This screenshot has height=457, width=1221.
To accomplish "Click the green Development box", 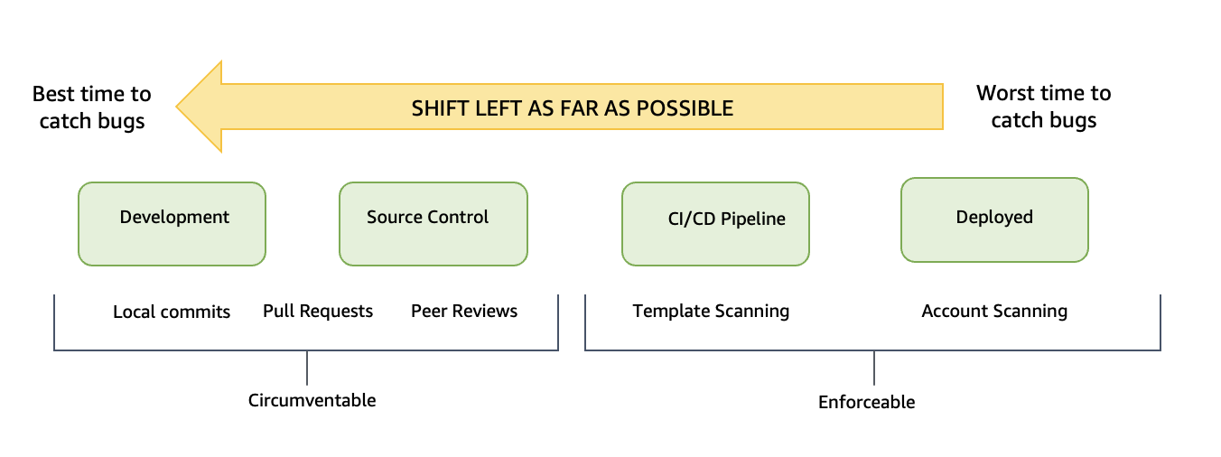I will coord(172,224).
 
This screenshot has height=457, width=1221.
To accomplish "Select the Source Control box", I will coord(433,224).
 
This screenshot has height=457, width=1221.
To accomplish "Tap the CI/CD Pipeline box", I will coord(715,224).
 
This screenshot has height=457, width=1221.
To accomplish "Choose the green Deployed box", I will coord(994,219).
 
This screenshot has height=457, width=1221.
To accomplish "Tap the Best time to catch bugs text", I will coord(92,107).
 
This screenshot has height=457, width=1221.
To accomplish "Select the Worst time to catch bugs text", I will coord(1043,107).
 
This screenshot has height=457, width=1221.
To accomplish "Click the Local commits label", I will coord(172,312).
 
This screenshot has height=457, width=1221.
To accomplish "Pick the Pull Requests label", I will coord(318,311).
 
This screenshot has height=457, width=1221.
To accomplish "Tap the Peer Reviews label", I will coord(464,311).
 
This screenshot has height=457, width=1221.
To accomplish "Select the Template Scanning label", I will coord(711,311).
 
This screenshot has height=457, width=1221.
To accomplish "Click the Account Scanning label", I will coord(994,311).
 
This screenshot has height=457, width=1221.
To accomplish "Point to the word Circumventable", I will coord(312,399).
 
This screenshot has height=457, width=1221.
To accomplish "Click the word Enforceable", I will coord(866,402).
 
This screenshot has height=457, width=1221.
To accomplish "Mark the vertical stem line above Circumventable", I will coord(307,368).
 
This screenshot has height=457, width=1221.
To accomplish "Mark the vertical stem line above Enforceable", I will coord(874,368).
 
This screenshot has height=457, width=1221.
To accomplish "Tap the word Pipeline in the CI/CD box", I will coord(752,219).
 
